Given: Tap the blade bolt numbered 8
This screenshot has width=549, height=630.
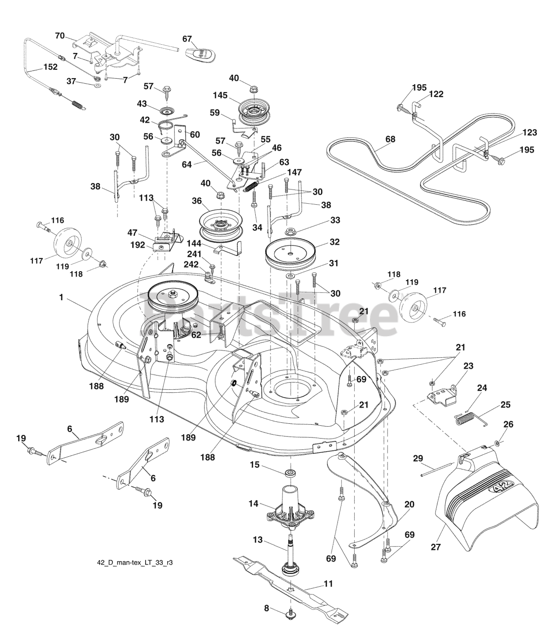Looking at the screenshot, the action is pos(290,615).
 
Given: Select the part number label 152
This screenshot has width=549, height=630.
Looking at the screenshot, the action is pos(51,67).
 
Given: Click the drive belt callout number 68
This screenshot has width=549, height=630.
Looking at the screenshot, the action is pos(390,139).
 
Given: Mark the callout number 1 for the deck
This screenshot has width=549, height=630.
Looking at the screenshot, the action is pos(61,297).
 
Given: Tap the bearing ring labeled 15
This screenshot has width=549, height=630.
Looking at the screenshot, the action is pos(290,472).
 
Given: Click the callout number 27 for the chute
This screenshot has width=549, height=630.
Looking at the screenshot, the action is pos(436,547).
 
